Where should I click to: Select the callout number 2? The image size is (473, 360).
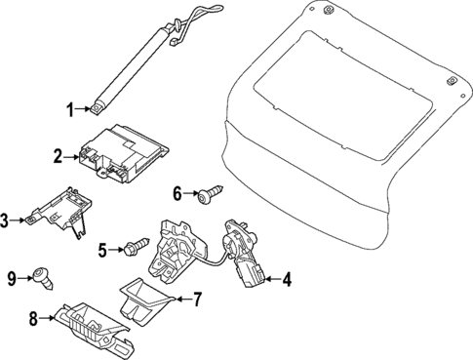tap(58, 156)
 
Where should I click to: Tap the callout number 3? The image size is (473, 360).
tap(7, 221)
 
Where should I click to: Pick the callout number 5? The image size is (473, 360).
tap(102, 250)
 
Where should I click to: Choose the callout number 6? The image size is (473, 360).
tap(177, 194)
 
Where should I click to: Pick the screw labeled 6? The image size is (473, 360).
tap(207, 196)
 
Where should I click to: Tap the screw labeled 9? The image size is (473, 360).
tap(41, 277)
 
